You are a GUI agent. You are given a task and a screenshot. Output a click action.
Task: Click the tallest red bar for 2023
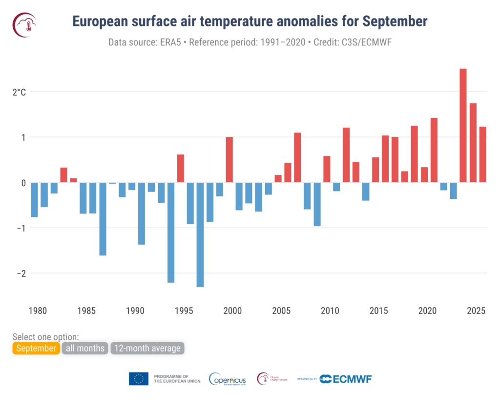click(463, 125)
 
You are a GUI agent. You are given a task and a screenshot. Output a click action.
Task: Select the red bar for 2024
click(473, 143)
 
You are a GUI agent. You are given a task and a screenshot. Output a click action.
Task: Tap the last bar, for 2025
click(482, 155)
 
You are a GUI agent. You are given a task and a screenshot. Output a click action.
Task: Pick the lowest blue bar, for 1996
click(200, 234)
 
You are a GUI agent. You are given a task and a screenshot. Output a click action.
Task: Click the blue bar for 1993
click(171, 233)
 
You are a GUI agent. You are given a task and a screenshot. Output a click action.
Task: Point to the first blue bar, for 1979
click(34, 199)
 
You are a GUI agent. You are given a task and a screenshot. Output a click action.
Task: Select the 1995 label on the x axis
click(184, 310)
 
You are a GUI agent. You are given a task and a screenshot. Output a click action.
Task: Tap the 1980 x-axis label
click(38, 310)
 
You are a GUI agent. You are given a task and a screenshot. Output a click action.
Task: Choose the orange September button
click(36, 348)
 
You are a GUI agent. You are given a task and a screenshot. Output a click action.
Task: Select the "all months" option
click(85, 348)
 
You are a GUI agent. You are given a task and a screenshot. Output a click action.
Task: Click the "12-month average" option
click(148, 348)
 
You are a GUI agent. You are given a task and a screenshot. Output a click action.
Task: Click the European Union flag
click(139, 378)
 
